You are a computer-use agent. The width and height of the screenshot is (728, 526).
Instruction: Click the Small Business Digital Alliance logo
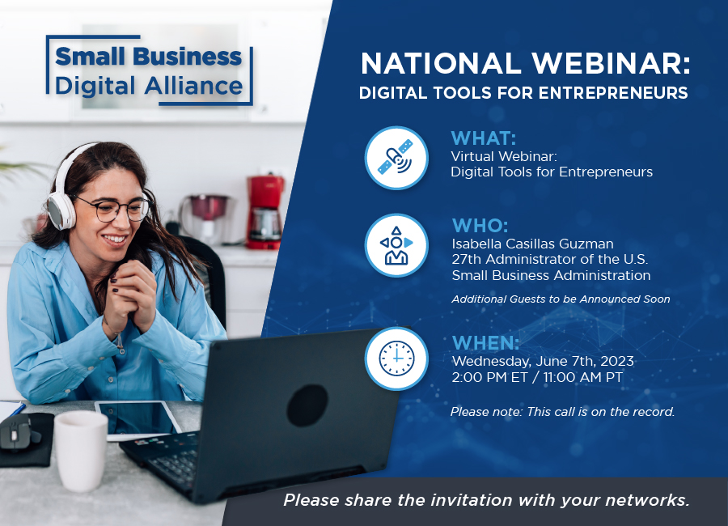(149, 70)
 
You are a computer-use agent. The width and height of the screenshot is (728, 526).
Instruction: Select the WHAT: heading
(484, 138)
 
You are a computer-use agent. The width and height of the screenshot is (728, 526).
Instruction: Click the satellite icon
(396, 158)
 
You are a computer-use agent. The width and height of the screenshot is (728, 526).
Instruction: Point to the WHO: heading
(480, 226)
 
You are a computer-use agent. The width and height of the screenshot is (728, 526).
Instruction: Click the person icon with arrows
(396, 245)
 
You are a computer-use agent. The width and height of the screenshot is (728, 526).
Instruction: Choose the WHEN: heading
(485, 343)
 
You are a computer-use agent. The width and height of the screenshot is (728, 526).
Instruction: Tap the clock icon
(396, 358)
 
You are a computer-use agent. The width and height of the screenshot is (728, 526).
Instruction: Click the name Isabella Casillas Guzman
(532, 244)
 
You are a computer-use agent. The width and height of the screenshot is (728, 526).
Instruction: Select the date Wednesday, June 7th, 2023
(543, 361)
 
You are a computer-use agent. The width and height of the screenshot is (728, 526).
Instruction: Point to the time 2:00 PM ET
(489, 377)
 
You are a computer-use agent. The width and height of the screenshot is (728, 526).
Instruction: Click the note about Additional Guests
(561, 299)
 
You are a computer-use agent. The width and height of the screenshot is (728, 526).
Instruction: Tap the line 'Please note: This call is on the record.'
(562, 412)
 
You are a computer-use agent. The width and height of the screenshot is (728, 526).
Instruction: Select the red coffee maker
(265, 212)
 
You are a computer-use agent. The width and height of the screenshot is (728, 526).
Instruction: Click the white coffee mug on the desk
(81, 450)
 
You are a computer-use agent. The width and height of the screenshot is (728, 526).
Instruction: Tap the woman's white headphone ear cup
(61, 211)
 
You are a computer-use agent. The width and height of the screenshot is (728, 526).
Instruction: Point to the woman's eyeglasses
(116, 209)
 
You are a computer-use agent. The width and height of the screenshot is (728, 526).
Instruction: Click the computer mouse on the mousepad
(17, 433)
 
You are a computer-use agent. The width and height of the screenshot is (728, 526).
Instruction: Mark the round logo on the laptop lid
(307, 405)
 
